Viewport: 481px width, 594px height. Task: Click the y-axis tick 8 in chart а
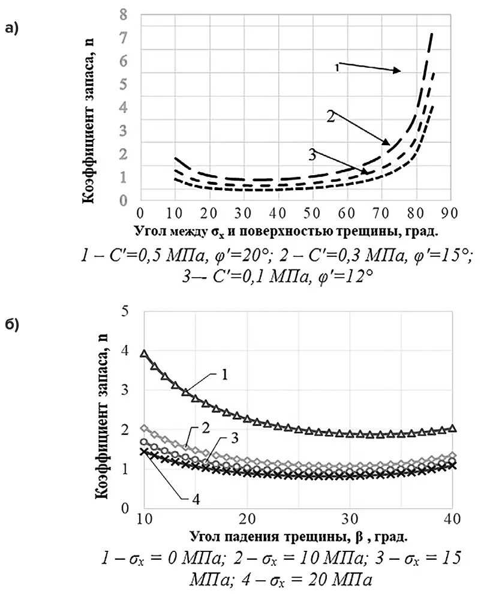pyautogui.click(x=124, y=14)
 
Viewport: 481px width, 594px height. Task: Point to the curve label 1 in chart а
pyautogui.click(x=337, y=68)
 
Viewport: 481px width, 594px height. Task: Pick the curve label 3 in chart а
pyautogui.click(x=312, y=155)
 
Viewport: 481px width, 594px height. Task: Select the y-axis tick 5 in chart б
pyautogui.click(x=125, y=311)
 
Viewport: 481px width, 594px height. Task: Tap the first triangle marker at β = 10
pyautogui.click(x=143, y=353)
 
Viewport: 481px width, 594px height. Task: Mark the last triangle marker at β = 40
pyautogui.click(x=453, y=428)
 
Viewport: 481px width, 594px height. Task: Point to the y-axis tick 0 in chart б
pyautogui.click(x=125, y=509)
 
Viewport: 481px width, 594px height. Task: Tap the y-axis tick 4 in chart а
pyautogui.click(x=124, y=107)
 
